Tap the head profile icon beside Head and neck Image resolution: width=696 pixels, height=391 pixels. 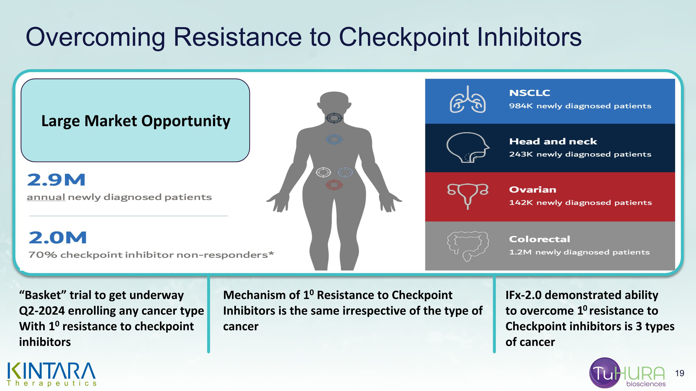pos(468,147)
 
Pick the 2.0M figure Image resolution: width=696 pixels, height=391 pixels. pos(58,238)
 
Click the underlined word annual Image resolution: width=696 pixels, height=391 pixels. pos(46,197)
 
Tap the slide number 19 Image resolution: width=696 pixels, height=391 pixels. pos(680,373)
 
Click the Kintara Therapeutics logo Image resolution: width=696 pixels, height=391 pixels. pos(52,374)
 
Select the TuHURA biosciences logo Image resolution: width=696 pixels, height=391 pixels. pos(627,373)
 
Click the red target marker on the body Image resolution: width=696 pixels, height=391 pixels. pos(334,185)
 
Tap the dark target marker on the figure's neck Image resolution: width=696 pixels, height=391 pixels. pos(334,118)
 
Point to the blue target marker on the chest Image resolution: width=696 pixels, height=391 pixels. pos(334,140)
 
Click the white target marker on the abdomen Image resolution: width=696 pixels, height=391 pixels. pos(323,172)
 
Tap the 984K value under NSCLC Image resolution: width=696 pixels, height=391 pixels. pos(521,106)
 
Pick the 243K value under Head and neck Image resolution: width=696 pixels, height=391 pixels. pos(521,154)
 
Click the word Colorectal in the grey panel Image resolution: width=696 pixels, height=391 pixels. pos(540,239)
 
